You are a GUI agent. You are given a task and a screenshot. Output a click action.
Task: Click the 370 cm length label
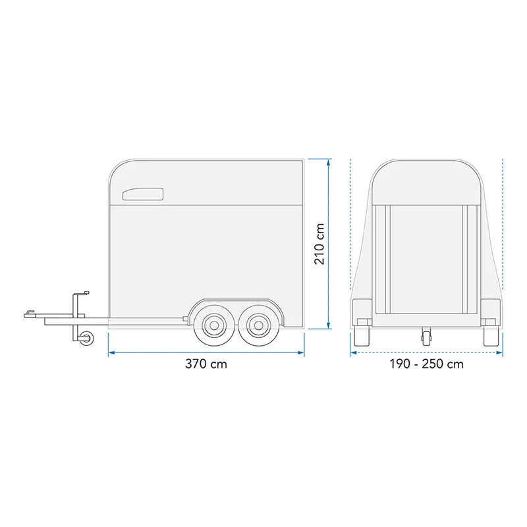(x=206, y=364)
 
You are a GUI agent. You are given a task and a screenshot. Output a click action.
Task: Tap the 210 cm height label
(x=319, y=244)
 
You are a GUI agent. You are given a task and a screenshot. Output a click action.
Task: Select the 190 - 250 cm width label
(x=426, y=364)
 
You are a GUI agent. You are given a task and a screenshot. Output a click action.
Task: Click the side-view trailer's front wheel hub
(x=213, y=325)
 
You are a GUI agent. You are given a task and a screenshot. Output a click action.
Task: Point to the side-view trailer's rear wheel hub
(x=258, y=325)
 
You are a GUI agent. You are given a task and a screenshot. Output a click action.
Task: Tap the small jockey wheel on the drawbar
(x=87, y=337)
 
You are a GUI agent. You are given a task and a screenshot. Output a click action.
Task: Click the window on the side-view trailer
(x=143, y=194)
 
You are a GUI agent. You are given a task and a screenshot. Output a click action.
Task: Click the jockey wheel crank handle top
(x=82, y=293)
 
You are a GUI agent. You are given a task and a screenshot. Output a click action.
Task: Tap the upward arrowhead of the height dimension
(x=329, y=162)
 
